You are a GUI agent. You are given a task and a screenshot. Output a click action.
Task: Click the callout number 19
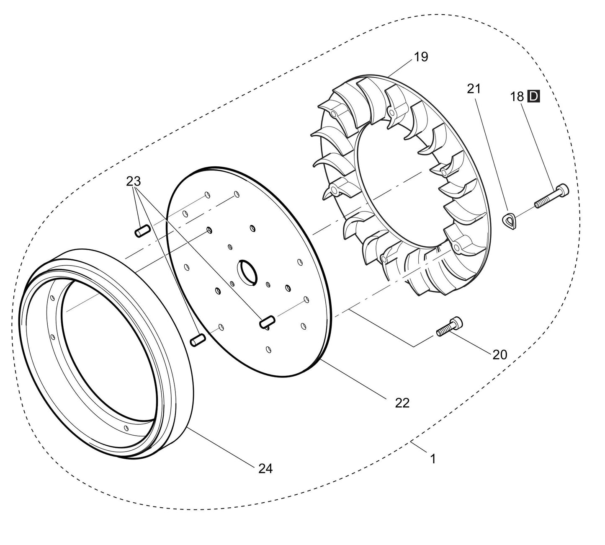(421, 57)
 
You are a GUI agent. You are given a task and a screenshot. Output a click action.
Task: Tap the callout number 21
(474, 89)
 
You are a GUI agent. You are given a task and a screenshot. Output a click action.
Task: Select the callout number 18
(517, 97)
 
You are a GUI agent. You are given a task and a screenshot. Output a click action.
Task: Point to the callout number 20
(499, 355)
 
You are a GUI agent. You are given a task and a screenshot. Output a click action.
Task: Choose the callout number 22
(402, 403)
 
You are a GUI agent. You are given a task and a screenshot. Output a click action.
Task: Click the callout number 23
(134, 181)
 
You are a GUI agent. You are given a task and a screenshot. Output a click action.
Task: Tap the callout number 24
(265, 469)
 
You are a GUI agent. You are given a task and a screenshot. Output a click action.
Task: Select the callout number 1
(433, 459)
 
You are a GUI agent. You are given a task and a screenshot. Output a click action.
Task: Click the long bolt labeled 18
(551, 196)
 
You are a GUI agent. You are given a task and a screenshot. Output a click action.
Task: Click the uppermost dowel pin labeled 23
(142, 231)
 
